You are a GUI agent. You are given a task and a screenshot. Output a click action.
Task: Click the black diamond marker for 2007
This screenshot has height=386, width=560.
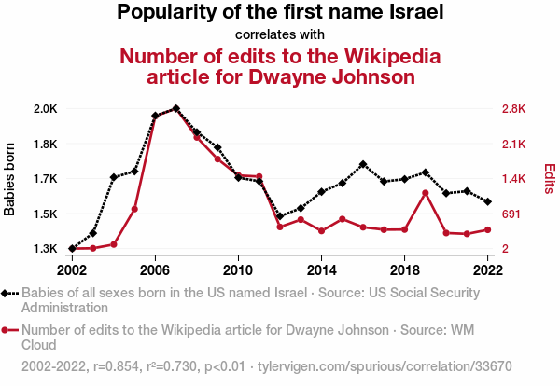coord(175,109)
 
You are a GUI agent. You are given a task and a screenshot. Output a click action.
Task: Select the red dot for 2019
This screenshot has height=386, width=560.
coord(425,193)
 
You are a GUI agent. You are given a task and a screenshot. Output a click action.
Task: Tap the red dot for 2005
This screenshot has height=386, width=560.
coord(134,209)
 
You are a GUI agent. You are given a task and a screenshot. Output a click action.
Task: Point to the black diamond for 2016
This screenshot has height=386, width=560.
coord(363,164)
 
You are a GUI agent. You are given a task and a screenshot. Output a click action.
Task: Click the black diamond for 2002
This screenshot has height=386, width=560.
coord(72,248)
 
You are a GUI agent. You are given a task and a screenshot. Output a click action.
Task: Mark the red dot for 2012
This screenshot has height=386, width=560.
coord(280,227)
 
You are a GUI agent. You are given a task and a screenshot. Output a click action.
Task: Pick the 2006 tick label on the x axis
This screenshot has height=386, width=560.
coord(155,269)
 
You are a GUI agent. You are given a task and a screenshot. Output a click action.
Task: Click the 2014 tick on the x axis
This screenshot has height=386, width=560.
coord(321,269)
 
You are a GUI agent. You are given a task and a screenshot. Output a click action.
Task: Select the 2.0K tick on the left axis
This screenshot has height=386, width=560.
coord(46,109)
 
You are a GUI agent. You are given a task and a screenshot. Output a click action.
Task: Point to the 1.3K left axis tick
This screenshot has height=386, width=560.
coord(46,249)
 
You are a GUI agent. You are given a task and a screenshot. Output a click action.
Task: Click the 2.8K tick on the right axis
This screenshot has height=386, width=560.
coord(515,109)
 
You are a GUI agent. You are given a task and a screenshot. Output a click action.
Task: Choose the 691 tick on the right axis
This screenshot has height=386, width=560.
coord(511,214)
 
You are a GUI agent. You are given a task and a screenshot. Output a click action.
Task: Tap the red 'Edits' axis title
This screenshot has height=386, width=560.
coord(550,179)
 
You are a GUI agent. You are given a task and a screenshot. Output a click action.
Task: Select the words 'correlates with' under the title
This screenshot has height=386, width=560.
coord(280,35)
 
